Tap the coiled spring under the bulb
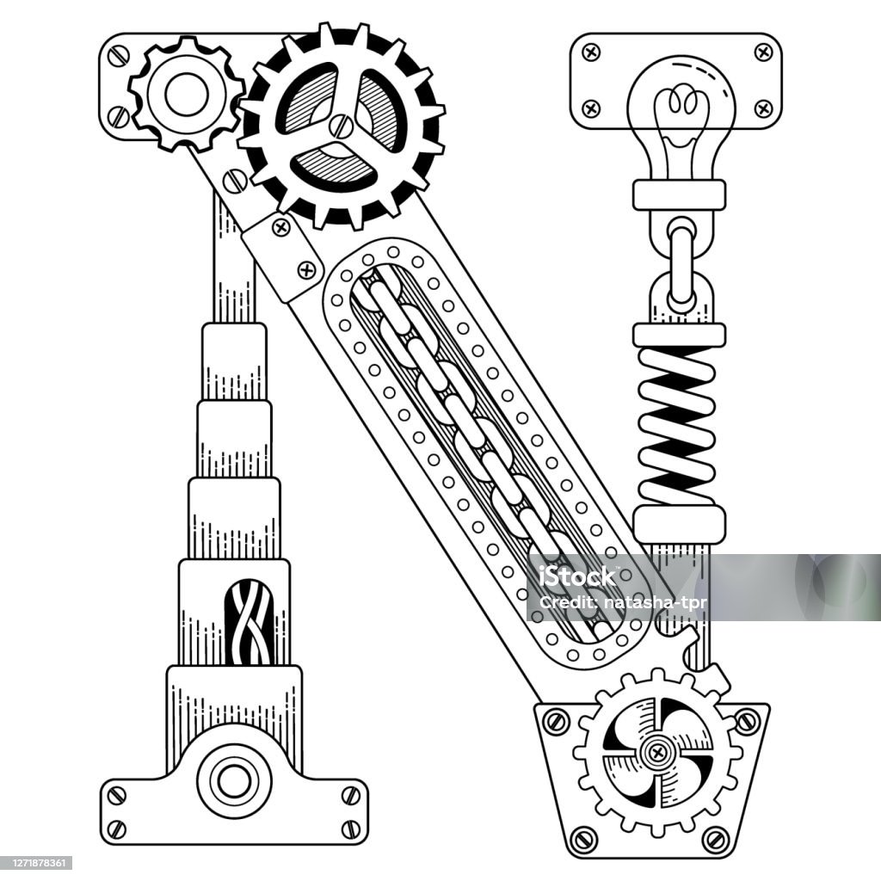coord(678,426)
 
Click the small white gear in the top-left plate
coord(187,94)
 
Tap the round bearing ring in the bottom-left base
coord(233,780)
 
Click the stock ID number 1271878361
coord(36,863)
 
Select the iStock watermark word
coord(577,576)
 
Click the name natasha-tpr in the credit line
coord(654,603)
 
